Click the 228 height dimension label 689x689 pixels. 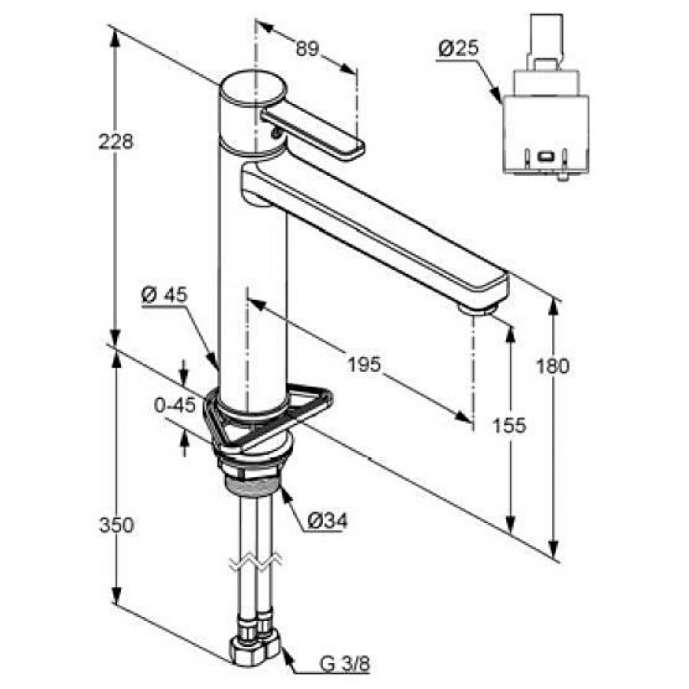coord(116,142)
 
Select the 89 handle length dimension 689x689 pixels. coord(307,48)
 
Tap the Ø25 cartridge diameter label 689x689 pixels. coord(459,47)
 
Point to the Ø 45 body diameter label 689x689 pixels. coord(164,296)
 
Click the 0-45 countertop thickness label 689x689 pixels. coord(175,405)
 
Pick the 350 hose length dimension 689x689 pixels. coord(116,525)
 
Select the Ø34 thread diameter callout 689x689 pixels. coord(328,521)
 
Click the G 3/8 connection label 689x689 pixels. coord(345,665)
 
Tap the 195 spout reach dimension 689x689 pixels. coord(364,364)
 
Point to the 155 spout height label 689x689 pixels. coord(510,425)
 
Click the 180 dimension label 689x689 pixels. coord(552,366)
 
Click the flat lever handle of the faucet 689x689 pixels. coord(312,133)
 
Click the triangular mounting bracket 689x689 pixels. coord(266,416)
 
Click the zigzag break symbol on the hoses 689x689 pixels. coord(255,562)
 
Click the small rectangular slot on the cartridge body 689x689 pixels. coord(545,156)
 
